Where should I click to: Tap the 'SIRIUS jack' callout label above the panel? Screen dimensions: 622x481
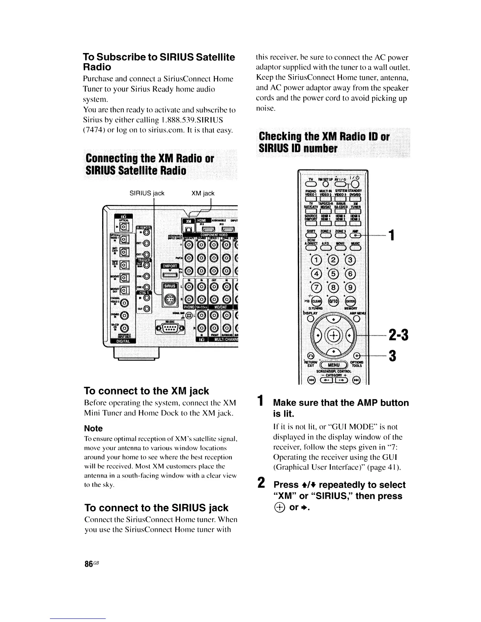coord(147,193)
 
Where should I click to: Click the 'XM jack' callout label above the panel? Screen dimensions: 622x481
coord(203,193)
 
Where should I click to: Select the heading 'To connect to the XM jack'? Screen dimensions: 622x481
coord(147,391)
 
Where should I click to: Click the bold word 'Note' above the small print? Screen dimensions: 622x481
coord(93,428)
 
